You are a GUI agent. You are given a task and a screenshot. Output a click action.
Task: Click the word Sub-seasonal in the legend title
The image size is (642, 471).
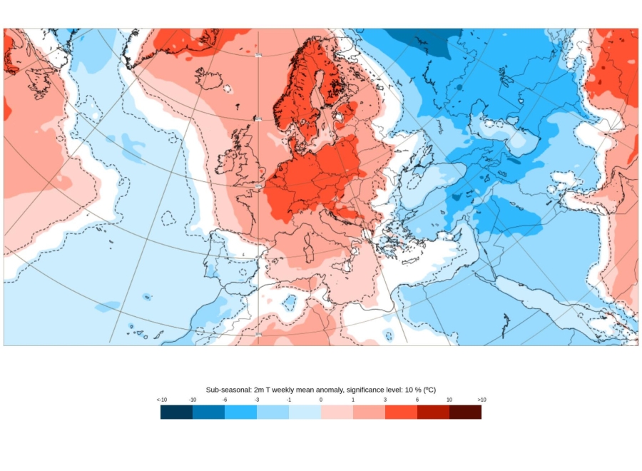(228, 390)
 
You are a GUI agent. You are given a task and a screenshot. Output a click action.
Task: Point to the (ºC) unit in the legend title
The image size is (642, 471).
(429, 390)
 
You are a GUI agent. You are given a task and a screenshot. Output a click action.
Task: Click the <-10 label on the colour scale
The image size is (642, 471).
(162, 400)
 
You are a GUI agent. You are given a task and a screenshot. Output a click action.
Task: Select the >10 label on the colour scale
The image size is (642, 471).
(481, 400)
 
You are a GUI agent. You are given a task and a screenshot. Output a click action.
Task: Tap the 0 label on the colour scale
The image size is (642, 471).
(321, 400)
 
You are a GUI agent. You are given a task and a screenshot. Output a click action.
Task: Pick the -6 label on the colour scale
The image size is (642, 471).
(225, 400)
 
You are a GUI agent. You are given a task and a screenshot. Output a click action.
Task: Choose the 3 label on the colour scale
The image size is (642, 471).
(385, 400)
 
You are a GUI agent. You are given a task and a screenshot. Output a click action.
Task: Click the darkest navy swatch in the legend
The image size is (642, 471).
(176, 412)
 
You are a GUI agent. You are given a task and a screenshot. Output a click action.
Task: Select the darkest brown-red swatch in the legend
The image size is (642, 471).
(465, 412)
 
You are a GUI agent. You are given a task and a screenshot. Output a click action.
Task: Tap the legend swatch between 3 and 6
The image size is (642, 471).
(401, 412)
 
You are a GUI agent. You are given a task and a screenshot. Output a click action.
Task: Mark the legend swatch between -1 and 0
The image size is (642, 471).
(305, 412)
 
